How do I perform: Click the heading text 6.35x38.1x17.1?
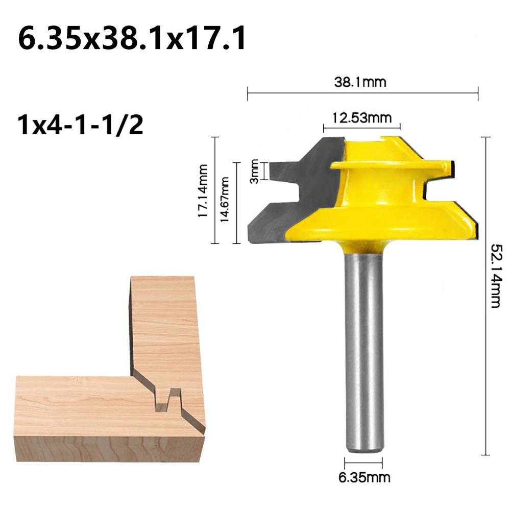[132, 38]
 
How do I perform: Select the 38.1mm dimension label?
[360, 82]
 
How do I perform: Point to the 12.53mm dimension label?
[362, 117]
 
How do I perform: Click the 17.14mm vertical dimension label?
[203, 191]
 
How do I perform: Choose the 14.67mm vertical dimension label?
[225, 200]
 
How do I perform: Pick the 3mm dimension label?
[254, 171]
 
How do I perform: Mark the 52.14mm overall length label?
[496, 275]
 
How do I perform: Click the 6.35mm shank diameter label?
[364, 477]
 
